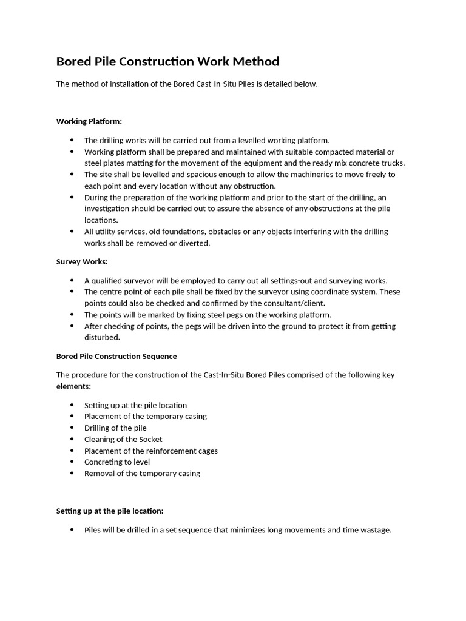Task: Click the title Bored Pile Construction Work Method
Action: [x=167, y=62]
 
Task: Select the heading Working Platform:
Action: [x=89, y=121]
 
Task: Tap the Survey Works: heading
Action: [x=82, y=261]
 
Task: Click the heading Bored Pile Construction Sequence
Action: [x=116, y=356]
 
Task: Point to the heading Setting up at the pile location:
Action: [x=110, y=511]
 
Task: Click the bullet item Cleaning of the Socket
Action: [x=123, y=439]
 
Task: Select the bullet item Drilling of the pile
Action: [x=115, y=428]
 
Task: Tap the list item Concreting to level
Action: [x=117, y=462]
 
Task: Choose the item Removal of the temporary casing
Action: [x=142, y=473]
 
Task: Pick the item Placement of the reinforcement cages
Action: [x=150, y=451]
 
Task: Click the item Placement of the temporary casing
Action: [x=146, y=416]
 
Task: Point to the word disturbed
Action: [x=102, y=337]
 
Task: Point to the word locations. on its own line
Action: [x=101, y=220]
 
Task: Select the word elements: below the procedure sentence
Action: [x=73, y=386]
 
